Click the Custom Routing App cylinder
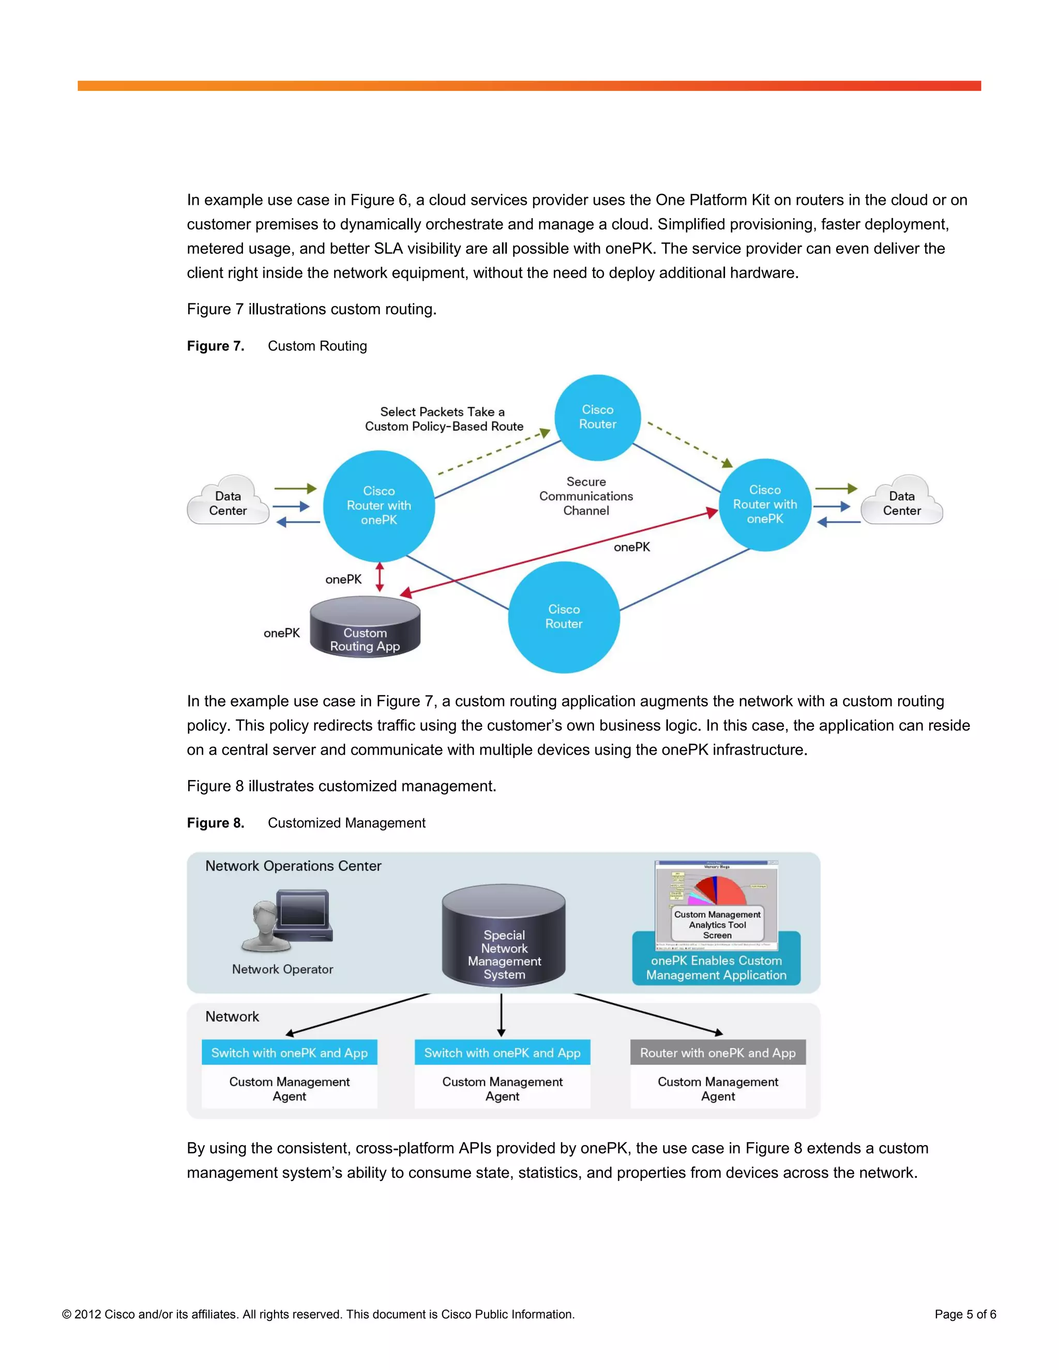coord(365,627)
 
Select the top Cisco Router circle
coord(597,417)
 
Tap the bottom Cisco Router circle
coord(564,617)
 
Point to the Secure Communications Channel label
coord(586,496)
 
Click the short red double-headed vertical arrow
coord(380,577)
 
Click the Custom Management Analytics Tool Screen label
coord(717,925)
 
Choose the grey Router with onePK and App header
coord(718,1053)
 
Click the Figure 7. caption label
coord(216,346)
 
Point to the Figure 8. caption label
coord(216,823)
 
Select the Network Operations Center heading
coord(293,865)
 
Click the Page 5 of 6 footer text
coord(965,1314)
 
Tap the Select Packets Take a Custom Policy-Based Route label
coord(444,419)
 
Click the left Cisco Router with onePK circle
coord(379,506)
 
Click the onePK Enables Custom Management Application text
coord(716,968)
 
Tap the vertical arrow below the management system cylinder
coord(501,1014)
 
